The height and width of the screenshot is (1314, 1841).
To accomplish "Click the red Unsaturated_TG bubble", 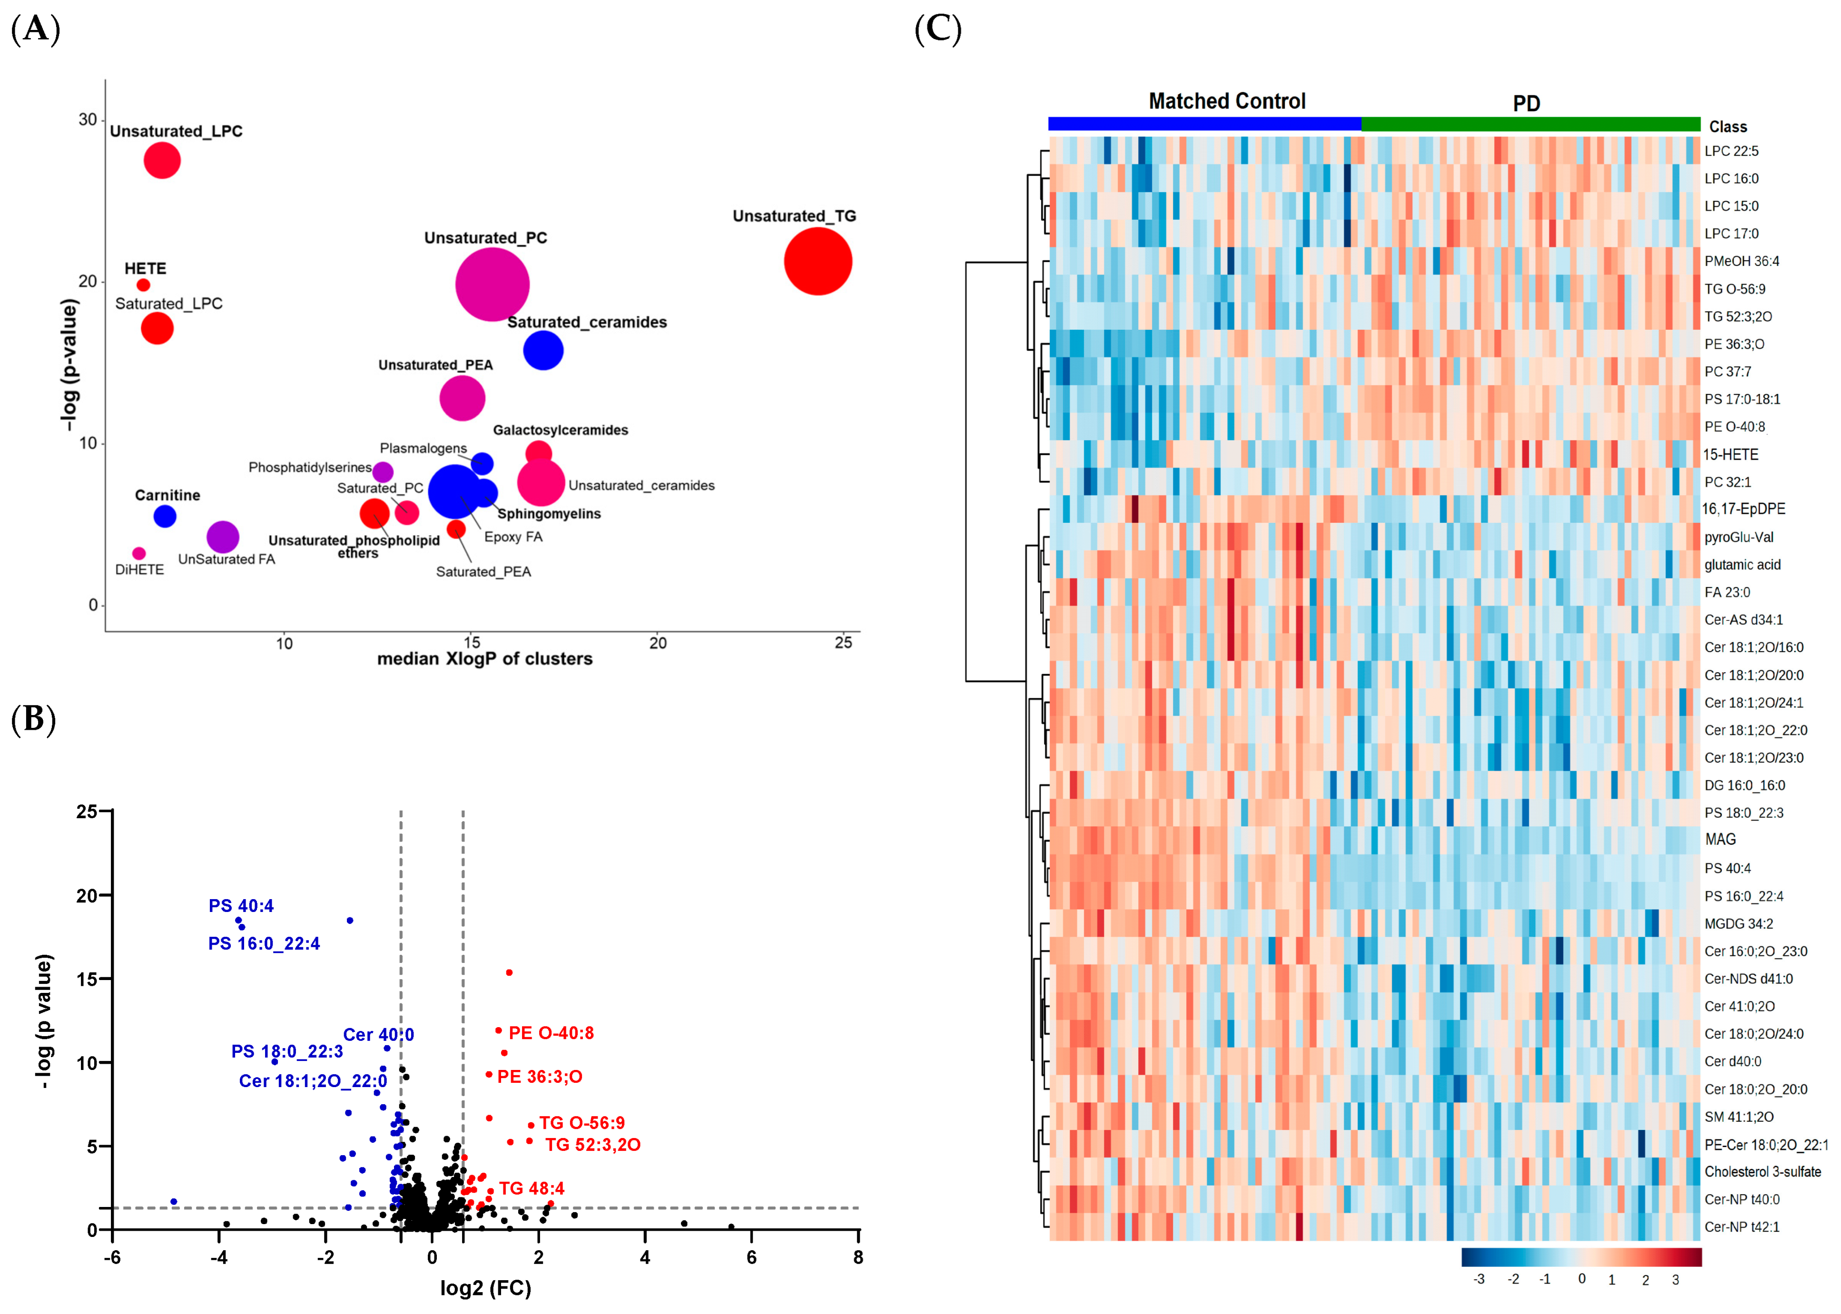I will [817, 261].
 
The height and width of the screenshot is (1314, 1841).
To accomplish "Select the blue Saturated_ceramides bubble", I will [543, 350].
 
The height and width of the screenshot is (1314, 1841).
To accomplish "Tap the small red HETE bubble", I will [143, 285].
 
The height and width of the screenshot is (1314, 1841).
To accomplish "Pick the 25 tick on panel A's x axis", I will [843, 642].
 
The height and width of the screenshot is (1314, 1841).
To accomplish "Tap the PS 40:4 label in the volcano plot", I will [241, 905].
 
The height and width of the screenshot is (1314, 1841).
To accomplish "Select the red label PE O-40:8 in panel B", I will [551, 1032].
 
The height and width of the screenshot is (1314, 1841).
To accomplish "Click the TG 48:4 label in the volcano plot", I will [532, 1188].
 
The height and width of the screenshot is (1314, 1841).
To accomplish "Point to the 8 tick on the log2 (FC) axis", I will [858, 1256].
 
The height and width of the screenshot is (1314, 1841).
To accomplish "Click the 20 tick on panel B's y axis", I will [87, 896].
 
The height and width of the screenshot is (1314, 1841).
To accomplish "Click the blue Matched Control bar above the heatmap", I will [1204, 124].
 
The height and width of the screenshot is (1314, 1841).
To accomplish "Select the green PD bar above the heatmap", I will [1530, 124].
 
